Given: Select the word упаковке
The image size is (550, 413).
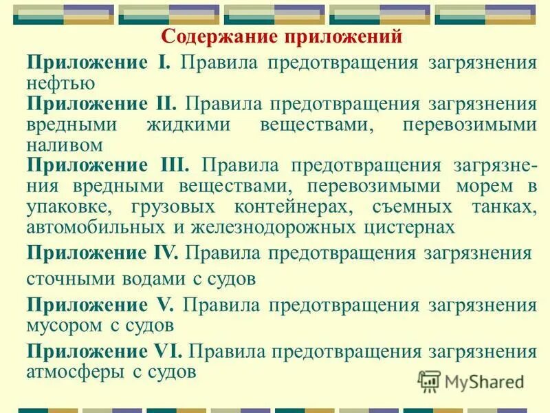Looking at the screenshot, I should coord(69,207).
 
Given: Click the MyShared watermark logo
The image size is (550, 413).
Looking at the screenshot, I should coord(470,381).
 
